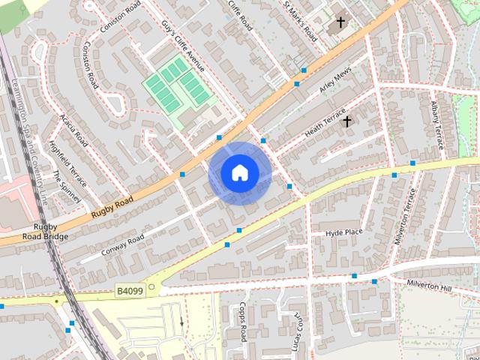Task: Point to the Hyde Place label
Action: pyautogui.click(x=344, y=232)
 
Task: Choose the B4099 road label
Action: pyautogui.click(x=129, y=289)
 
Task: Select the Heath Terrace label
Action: pyautogui.click(x=325, y=122)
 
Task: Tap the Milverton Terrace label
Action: pyautogui.click(x=405, y=215)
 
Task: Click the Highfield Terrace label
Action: pyautogui.click(x=68, y=164)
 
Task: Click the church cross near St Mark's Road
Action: pyautogui.click(x=340, y=23)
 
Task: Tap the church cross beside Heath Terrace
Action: pyautogui.click(x=346, y=120)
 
